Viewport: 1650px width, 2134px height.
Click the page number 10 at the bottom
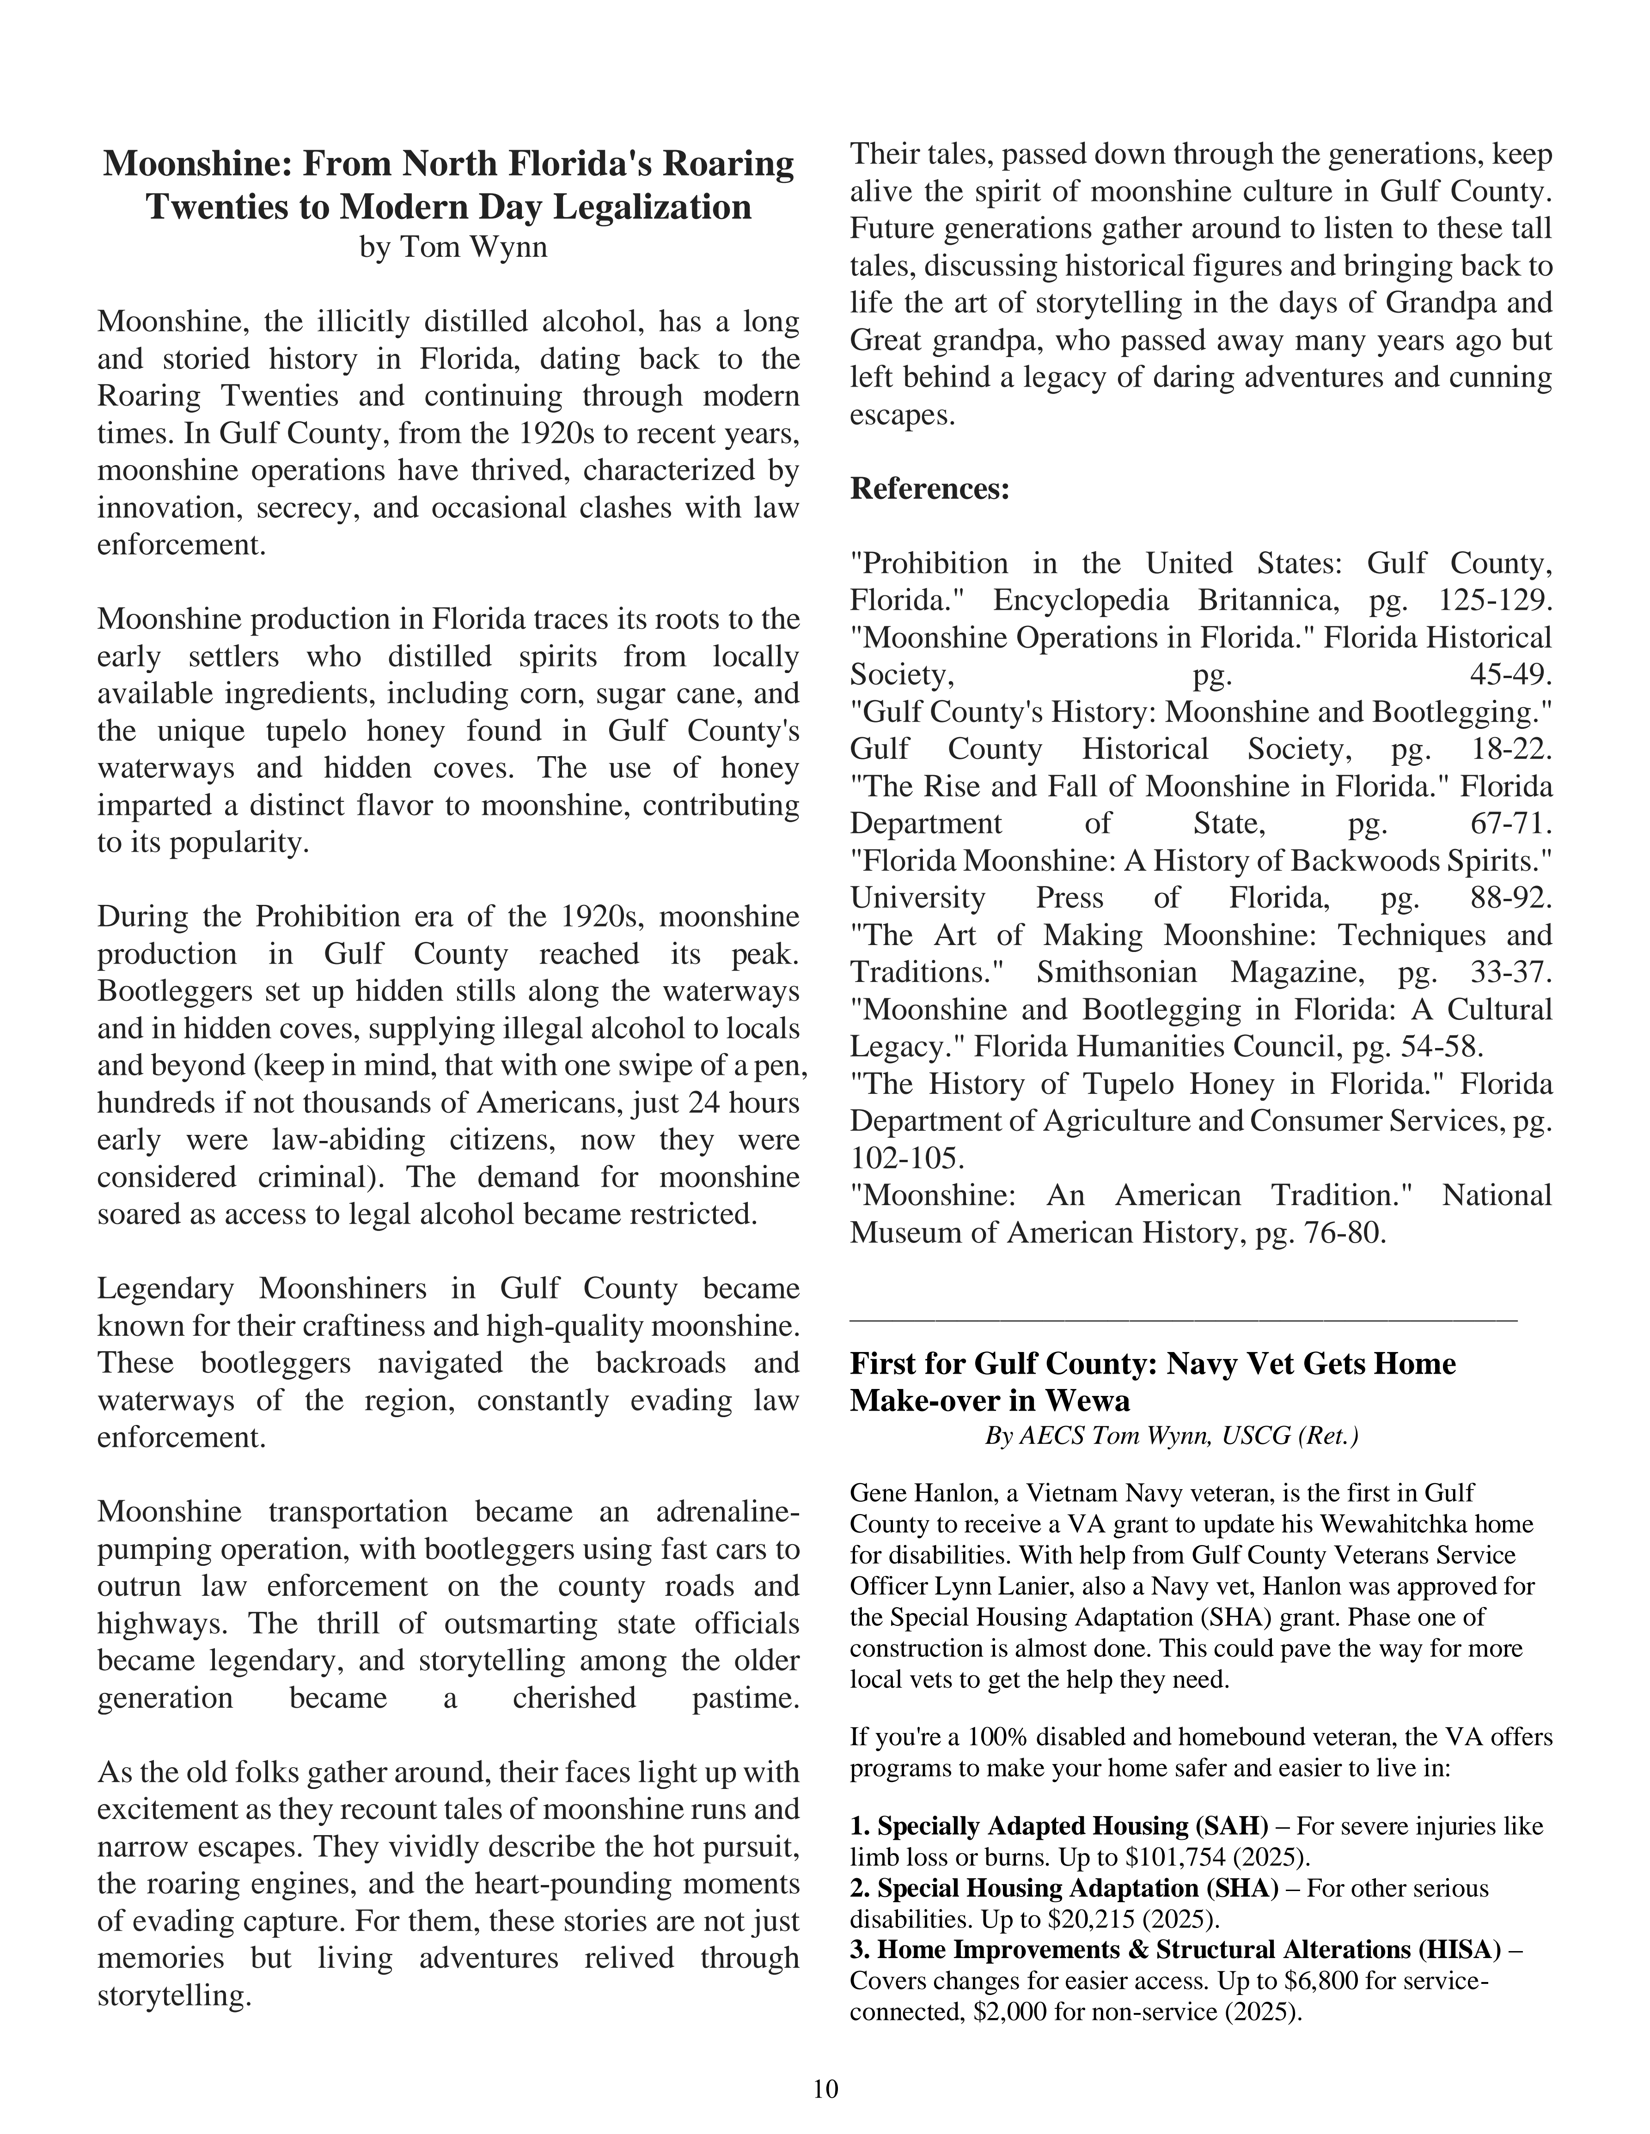825,2089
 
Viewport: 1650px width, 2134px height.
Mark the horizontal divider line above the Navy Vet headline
1183,1320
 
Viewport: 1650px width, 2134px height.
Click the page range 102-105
907,1159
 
